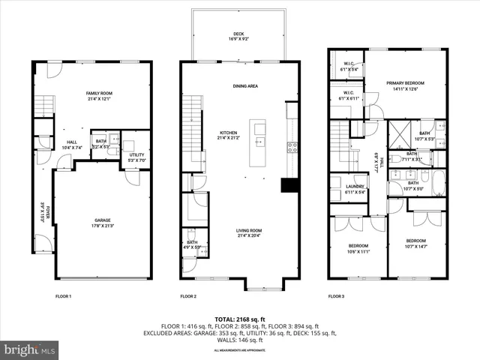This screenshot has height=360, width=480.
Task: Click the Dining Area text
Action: click(x=244, y=86)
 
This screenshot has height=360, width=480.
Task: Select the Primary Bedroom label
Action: click(x=405, y=85)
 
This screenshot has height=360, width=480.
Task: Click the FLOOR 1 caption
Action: click(x=63, y=296)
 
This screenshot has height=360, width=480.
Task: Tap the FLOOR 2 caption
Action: click(x=188, y=296)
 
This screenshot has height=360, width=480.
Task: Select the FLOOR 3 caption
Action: click(x=336, y=296)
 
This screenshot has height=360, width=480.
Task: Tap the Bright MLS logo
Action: click(x=30, y=349)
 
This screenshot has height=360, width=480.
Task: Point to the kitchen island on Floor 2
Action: click(x=259, y=142)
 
